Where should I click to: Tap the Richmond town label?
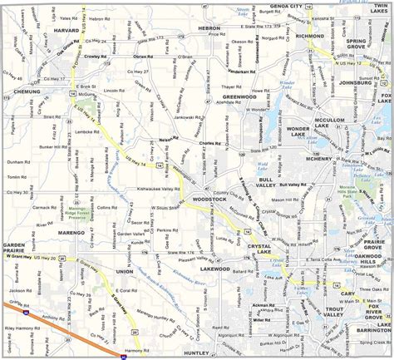click(x=308, y=37)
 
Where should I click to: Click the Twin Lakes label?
click(x=379, y=7)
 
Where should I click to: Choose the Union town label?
click(x=126, y=272)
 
